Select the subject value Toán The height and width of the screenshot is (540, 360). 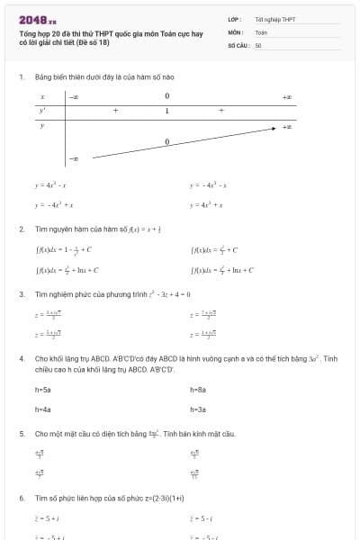[260, 31]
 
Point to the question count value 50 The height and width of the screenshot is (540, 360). [258, 44]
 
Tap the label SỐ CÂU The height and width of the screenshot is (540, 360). [238, 44]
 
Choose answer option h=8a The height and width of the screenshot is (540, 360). [199, 390]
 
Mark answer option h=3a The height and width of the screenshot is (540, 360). [199, 409]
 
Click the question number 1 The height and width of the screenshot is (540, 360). [21, 76]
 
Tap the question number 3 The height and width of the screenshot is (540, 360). [21, 294]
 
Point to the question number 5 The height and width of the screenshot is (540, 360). [21, 434]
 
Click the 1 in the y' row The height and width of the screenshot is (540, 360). [166, 111]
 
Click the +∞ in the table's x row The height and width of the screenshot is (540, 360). [286, 95]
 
